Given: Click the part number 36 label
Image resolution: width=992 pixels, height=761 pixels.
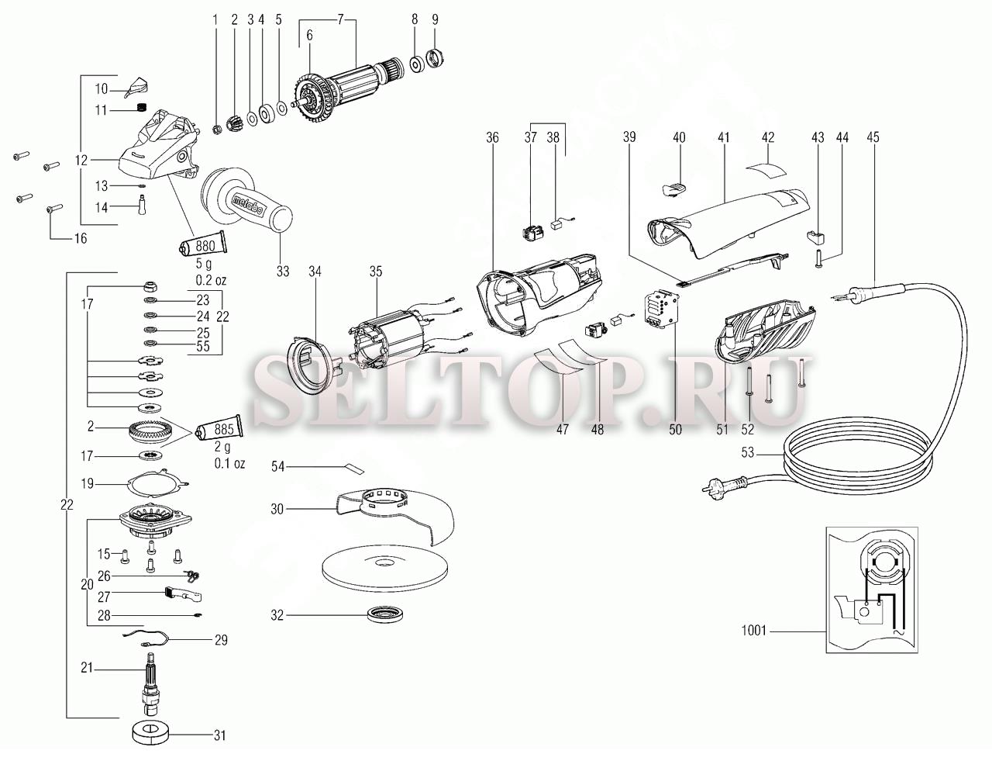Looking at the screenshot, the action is (x=492, y=137).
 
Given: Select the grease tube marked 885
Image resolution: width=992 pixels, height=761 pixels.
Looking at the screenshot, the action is (x=219, y=429).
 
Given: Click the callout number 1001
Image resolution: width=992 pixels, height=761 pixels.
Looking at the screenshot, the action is (x=754, y=631).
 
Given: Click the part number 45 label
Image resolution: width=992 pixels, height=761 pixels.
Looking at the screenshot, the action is (x=873, y=137).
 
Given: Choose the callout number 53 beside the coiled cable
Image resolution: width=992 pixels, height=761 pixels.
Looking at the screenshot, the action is (x=747, y=453).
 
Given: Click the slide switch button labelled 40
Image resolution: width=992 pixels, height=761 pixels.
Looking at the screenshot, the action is (x=673, y=189).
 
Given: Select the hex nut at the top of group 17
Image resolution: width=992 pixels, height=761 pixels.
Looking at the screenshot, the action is (x=150, y=287).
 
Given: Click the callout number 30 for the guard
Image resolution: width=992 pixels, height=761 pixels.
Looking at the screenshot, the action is (x=277, y=509).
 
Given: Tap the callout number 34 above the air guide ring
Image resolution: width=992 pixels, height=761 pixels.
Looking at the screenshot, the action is (x=315, y=272).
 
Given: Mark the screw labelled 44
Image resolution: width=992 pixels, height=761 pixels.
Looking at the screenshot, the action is (x=817, y=258).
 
